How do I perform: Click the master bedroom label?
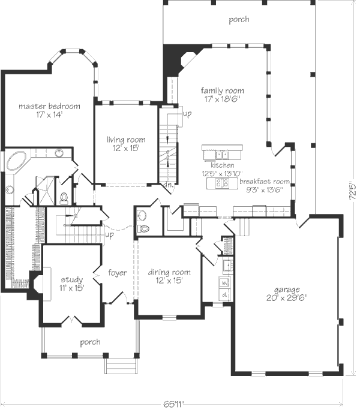[x=49, y=107]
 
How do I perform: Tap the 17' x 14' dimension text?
[x=49, y=115]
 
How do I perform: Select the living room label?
[x=126, y=140]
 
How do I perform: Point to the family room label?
[x=222, y=91]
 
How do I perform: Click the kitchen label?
[x=222, y=165]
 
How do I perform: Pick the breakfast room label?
[x=265, y=181]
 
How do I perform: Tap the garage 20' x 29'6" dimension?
[x=287, y=298]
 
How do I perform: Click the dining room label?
[x=169, y=273]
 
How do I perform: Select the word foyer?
[x=118, y=273]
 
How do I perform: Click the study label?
[x=72, y=280]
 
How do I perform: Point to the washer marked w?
[x=224, y=283]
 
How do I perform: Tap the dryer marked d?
[x=224, y=295]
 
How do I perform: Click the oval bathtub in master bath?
[x=16, y=161]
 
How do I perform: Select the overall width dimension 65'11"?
[x=174, y=404]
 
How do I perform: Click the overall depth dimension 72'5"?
[x=353, y=191]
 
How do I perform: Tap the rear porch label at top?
[x=239, y=20]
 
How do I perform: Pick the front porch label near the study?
[x=90, y=342]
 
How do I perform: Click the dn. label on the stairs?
[x=169, y=185]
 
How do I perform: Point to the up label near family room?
[x=187, y=114]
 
